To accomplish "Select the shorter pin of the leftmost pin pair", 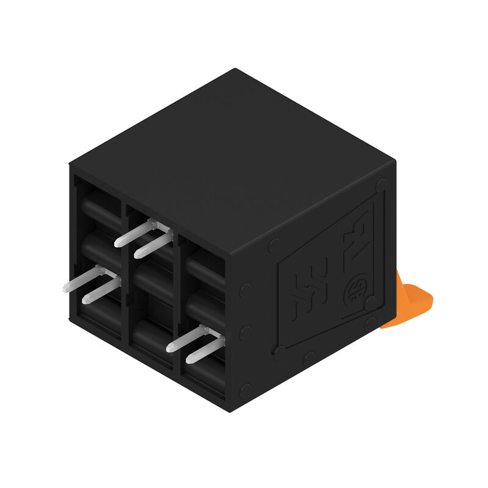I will click(100, 292).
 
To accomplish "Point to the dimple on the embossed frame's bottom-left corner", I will click(279, 353).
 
